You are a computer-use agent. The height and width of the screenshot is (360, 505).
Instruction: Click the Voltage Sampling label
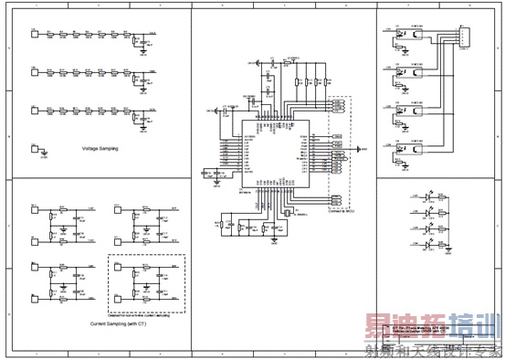tap(100, 148)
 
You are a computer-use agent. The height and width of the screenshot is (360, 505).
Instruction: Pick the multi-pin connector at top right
tap(463, 37)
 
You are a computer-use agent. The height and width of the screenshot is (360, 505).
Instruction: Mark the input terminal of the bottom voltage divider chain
tap(34, 108)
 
